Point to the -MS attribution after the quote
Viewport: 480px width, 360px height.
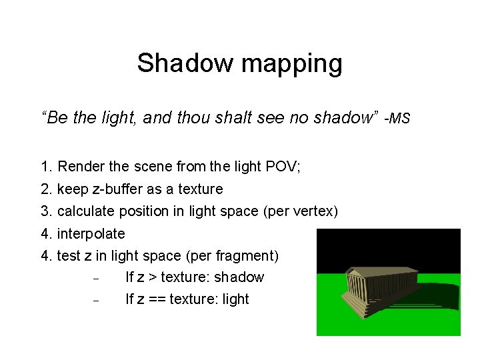click(397, 119)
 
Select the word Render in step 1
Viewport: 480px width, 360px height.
click(79, 166)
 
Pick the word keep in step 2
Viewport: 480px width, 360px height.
click(71, 189)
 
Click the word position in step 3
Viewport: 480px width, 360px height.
click(141, 211)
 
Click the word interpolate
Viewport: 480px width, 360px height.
click(91, 234)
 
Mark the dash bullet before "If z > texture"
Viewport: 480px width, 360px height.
click(96, 279)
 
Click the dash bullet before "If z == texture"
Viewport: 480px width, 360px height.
click(96, 301)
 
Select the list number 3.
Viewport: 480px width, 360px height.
click(45, 211)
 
